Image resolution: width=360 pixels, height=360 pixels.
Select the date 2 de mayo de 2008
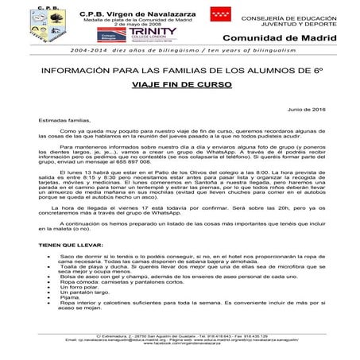[x=132, y=25]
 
